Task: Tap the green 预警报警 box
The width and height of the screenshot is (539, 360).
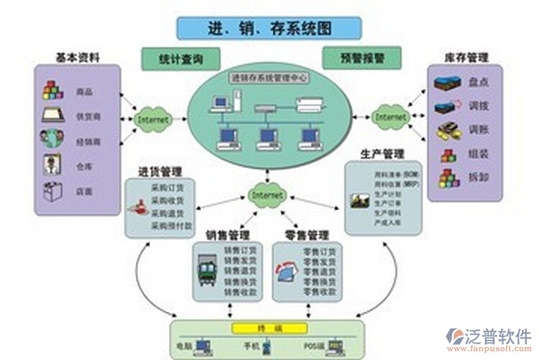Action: [x=361, y=57]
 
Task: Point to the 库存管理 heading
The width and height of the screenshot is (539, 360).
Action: [x=466, y=56]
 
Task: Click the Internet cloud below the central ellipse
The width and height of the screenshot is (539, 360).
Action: [x=267, y=195]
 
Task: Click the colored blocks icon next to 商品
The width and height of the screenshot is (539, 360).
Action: [x=52, y=90]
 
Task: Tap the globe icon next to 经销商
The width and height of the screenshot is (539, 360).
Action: [x=52, y=139]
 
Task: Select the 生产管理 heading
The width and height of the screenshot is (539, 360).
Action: [x=382, y=154]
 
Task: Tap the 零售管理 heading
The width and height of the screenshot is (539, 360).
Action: [x=306, y=235]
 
